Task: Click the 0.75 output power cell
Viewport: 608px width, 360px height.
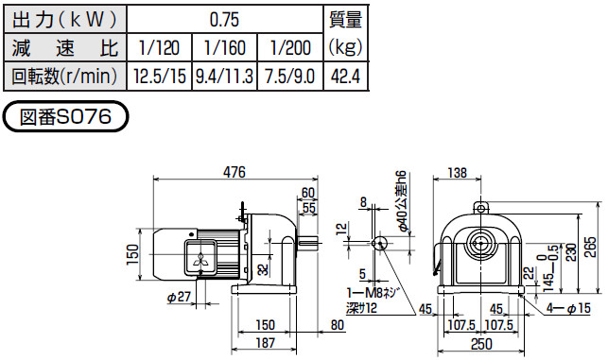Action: coord(225,20)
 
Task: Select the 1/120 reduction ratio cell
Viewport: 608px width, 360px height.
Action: coord(160,47)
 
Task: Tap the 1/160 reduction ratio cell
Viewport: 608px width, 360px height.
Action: coord(224,47)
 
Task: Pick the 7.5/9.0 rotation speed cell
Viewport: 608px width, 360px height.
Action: coord(290,77)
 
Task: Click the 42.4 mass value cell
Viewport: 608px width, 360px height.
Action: coord(345,77)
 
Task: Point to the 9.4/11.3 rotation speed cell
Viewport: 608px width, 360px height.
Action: coord(224,77)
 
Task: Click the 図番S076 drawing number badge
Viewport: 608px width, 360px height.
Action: coord(65,116)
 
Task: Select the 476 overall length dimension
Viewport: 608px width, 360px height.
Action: coord(235,172)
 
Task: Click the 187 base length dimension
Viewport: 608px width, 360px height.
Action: coord(265,343)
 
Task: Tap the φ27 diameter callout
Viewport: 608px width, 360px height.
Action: coord(179,297)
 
